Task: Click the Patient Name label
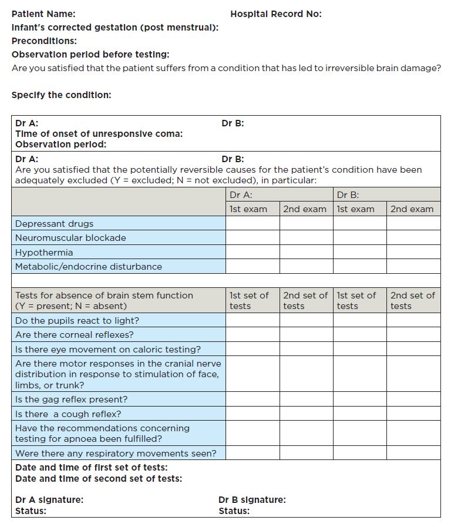(x=43, y=14)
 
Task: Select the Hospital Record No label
(x=275, y=14)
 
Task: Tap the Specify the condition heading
(x=61, y=95)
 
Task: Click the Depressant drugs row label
(x=54, y=223)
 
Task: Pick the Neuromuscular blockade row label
(x=70, y=238)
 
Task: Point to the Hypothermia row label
(x=44, y=252)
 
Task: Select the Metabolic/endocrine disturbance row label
(x=88, y=266)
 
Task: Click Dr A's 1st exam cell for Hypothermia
(x=253, y=252)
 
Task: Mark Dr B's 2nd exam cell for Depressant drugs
(x=413, y=223)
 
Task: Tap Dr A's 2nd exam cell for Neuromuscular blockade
(x=306, y=238)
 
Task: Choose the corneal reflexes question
(x=74, y=335)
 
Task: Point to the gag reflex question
(x=71, y=400)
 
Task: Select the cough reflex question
(x=68, y=414)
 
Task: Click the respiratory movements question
(x=116, y=453)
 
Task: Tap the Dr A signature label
(x=49, y=500)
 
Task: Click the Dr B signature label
(x=252, y=500)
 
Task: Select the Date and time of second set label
(x=98, y=478)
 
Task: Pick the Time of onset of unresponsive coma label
(x=99, y=133)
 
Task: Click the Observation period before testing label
(x=90, y=54)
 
